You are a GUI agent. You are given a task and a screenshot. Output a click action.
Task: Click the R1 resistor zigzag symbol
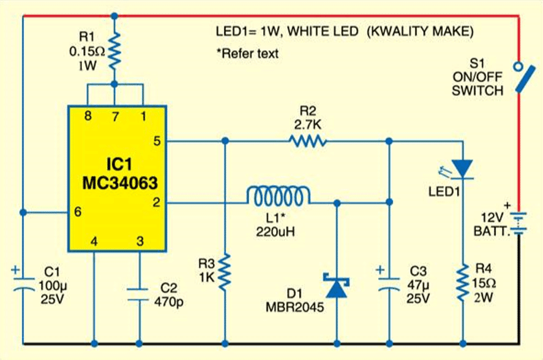point(114,53)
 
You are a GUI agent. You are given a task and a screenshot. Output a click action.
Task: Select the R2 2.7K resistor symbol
point(308,142)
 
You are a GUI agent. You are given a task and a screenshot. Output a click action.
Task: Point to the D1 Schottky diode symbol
point(337,286)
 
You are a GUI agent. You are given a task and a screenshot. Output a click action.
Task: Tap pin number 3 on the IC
point(140,242)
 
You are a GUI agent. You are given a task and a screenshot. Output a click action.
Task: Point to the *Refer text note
point(247,53)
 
